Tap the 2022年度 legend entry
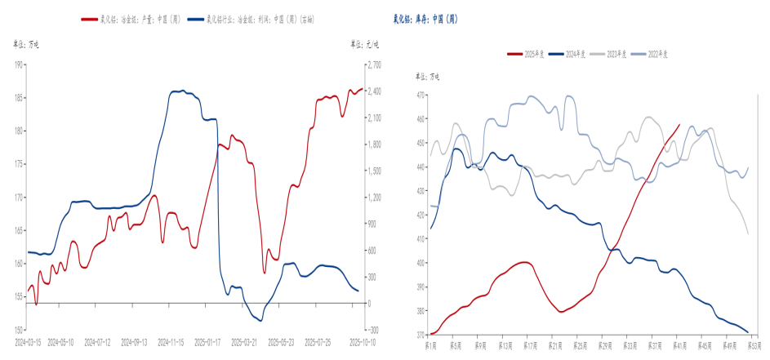coord(655,54)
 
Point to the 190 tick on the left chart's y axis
coord(17,64)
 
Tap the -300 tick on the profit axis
coord(372,330)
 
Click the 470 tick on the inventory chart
coord(421,96)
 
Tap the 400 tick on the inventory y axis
coord(421,263)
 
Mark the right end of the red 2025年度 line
coord(679,125)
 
